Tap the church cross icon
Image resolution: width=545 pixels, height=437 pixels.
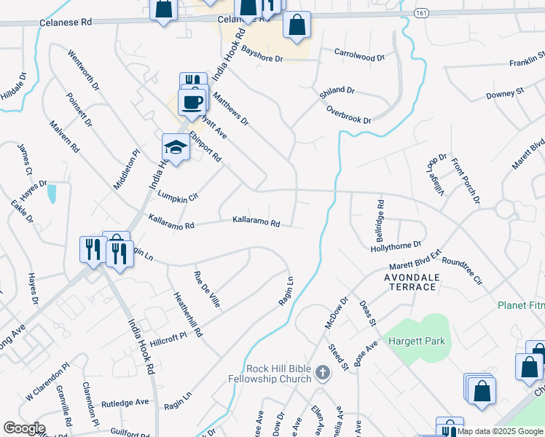(x=323, y=374)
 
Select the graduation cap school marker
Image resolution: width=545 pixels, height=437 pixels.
(x=176, y=148)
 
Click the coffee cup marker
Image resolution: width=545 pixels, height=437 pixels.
(x=192, y=102)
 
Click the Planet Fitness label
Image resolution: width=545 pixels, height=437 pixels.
(x=520, y=305)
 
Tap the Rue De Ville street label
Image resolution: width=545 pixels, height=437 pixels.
(x=206, y=288)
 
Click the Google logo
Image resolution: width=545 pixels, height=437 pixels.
(x=24, y=428)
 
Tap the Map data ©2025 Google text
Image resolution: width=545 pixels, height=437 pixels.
(x=499, y=431)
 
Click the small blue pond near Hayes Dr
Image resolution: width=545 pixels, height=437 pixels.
(x=52, y=194)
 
